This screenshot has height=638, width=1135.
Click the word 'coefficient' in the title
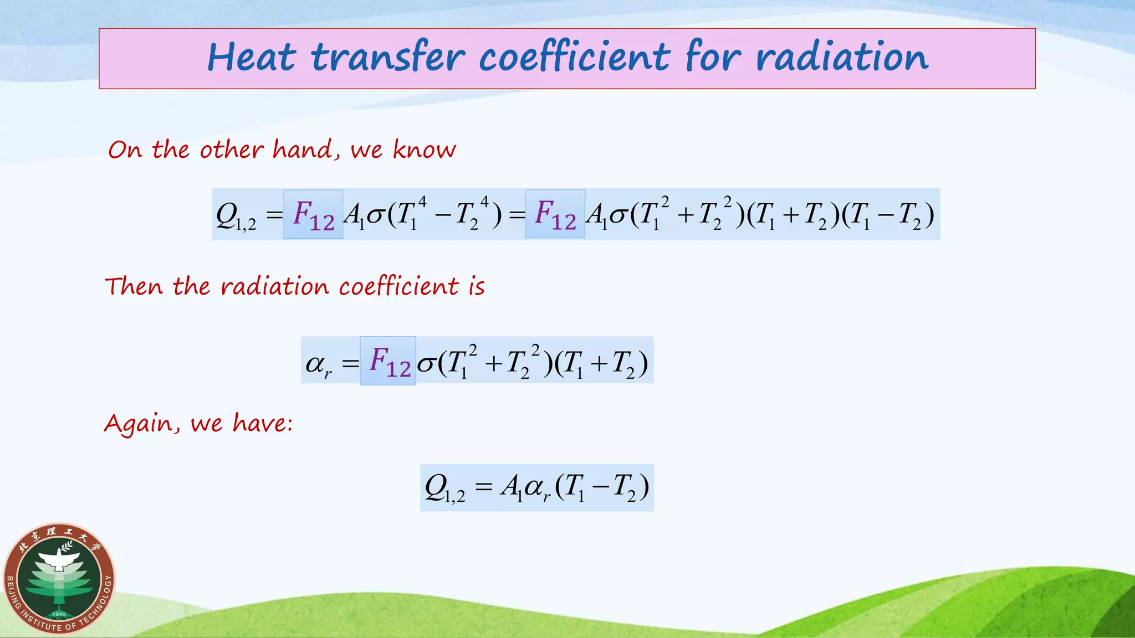click(575, 58)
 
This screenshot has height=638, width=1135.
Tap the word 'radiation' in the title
click(842, 58)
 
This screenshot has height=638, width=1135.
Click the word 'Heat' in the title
click(252, 58)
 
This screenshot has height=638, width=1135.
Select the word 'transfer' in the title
click(387, 58)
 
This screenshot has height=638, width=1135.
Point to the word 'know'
click(425, 150)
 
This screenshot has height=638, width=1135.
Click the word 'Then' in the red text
click(134, 286)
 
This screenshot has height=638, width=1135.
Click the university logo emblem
click(59, 579)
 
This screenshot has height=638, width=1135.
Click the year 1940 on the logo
click(59, 614)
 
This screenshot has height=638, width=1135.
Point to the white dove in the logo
click(60, 559)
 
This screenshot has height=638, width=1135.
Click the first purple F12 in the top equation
click(314, 215)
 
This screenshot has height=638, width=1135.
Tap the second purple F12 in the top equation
click(555, 214)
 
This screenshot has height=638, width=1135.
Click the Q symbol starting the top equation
click(227, 214)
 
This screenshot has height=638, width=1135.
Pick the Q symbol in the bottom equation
click(436, 487)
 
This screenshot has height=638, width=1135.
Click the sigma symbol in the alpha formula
click(426, 364)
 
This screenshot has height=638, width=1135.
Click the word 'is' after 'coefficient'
click(477, 286)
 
